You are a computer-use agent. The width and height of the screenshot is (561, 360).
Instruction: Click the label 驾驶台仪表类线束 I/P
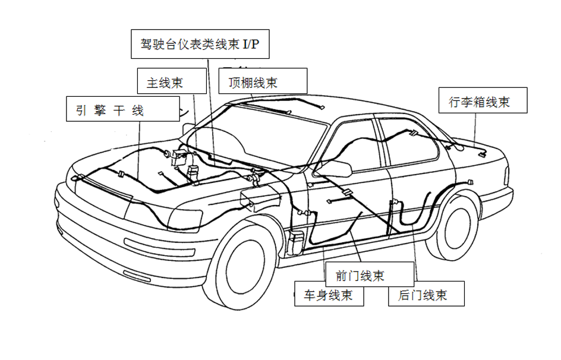200,45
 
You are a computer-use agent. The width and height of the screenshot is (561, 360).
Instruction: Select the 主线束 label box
165,83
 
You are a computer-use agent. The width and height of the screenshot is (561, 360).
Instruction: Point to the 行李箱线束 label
479,102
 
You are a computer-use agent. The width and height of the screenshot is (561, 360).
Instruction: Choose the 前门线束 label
360,276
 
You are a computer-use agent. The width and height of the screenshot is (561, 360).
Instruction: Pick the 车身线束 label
329,295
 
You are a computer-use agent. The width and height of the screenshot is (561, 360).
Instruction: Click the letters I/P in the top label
251,45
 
